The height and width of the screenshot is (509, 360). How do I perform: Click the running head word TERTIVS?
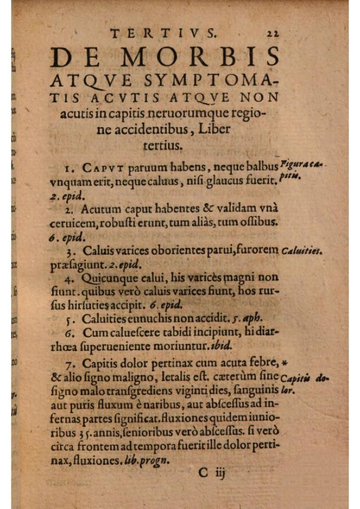[x=163, y=34]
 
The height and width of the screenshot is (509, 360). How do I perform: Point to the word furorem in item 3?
[x=257, y=250]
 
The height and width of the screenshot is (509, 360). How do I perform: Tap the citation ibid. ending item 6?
[x=233, y=345]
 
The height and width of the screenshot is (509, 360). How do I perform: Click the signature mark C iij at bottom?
[x=211, y=474]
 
